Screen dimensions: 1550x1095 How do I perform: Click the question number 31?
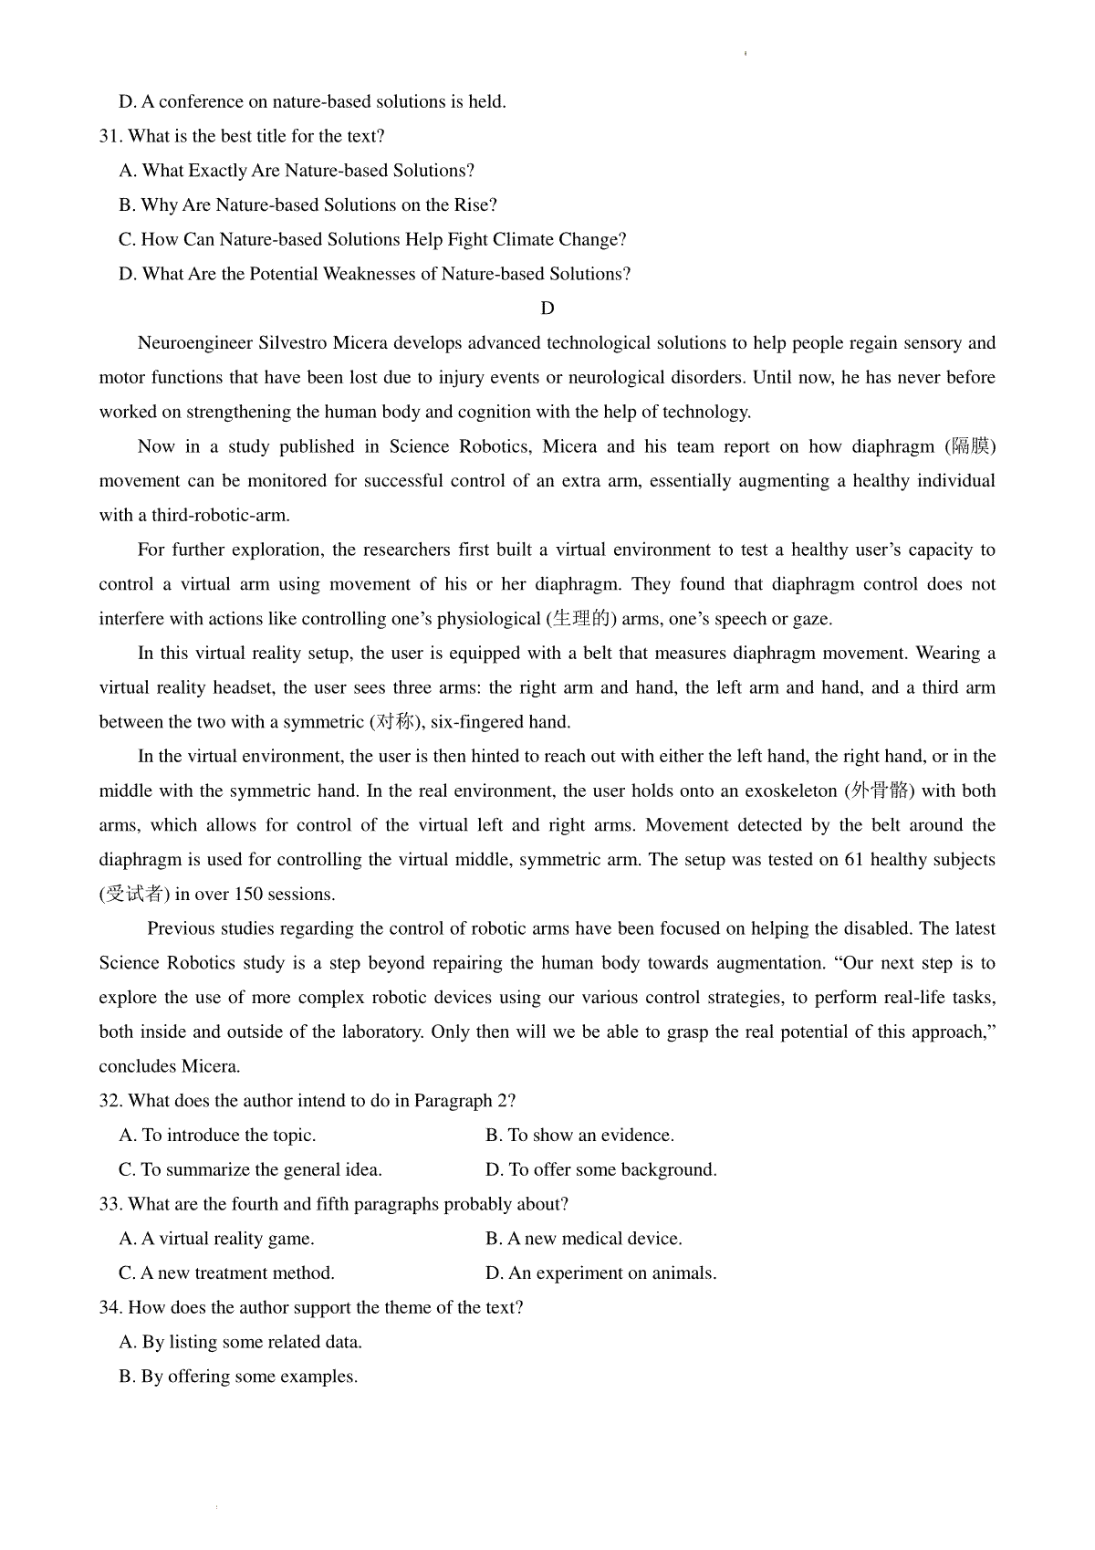[109, 137]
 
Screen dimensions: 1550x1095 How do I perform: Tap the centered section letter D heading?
[547, 309]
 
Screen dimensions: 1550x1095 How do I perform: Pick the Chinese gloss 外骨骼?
[882, 791]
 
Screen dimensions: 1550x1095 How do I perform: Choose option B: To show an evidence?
[579, 1136]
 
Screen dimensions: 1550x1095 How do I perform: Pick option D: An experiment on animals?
[600, 1273]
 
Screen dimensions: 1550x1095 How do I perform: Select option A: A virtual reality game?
[216, 1239]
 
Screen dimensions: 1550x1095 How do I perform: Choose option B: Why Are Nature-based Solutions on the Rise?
[308, 205]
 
